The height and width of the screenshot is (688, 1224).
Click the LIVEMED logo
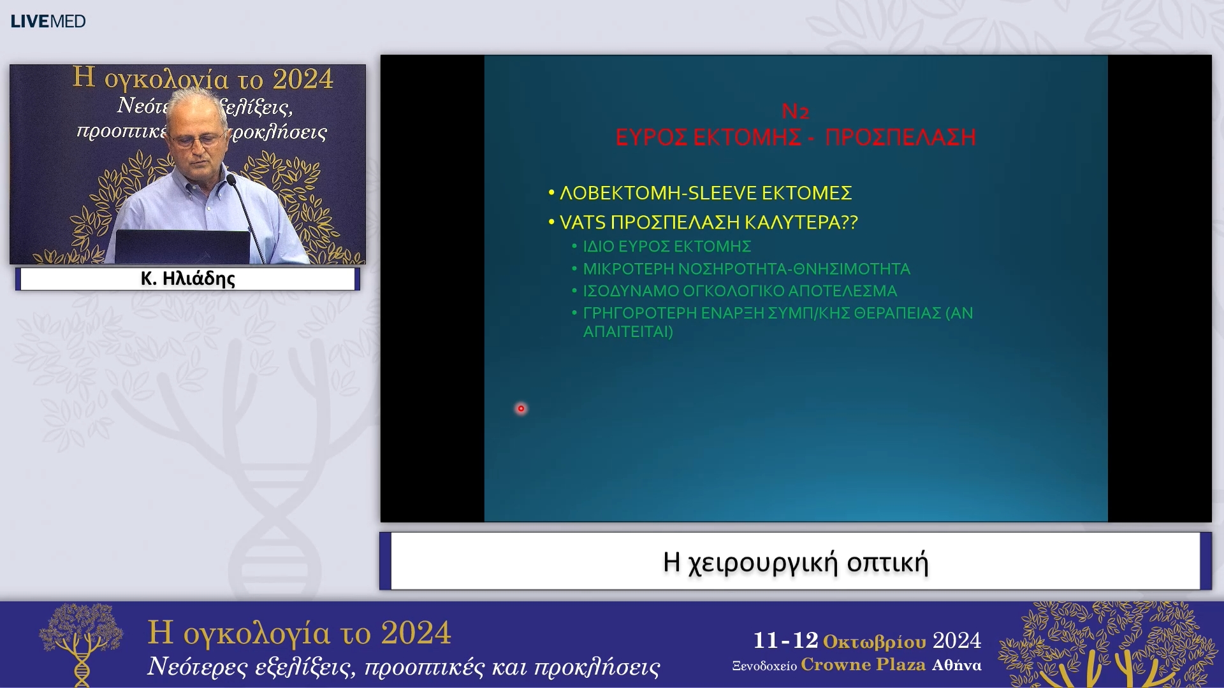coord(48,21)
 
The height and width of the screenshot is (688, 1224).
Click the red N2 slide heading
coord(795,111)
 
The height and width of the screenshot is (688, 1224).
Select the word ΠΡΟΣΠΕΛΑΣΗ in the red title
coord(900,137)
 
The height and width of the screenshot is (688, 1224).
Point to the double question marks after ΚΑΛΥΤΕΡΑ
coord(850,222)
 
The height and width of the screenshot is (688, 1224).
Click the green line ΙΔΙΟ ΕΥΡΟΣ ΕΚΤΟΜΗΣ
coord(666,247)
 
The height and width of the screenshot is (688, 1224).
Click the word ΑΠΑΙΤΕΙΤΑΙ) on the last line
coord(628,332)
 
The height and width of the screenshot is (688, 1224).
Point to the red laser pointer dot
coord(521,408)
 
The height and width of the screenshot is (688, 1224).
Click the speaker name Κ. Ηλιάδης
coord(187,278)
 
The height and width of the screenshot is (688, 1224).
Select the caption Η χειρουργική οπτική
coord(795,562)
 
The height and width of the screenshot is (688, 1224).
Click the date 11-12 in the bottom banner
coord(785,640)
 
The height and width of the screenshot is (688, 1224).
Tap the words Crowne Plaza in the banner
coord(863,664)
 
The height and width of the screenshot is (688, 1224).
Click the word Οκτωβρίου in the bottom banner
coord(874,641)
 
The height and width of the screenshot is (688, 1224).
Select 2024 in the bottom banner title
coord(416,633)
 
